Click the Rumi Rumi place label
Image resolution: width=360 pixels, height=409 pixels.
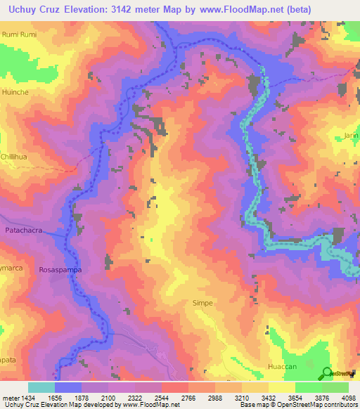pyautogui.click(x=18, y=34)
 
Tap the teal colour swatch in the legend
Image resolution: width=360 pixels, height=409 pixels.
pyautogui.click(x=41, y=387)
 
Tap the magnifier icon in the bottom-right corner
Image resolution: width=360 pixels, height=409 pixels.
pyautogui.click(x=327, y=373)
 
